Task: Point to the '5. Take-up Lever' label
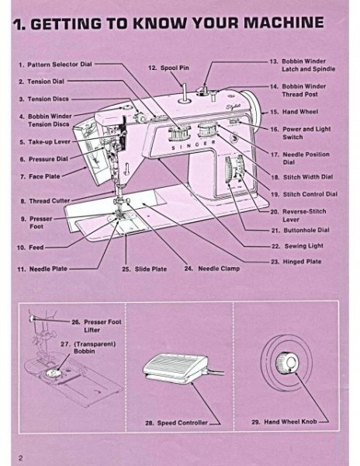(x=47, y=143)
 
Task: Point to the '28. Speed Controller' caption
(x=175, y=423)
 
